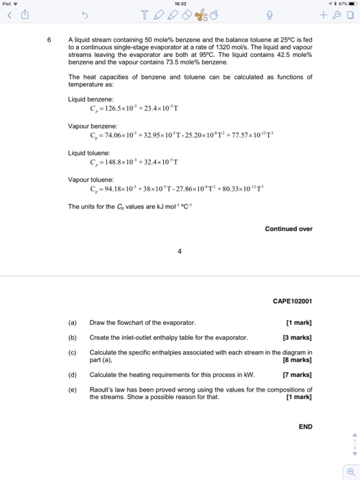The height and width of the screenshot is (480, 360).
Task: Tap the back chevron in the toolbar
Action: [x=10, y=16]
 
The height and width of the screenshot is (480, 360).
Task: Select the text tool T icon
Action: [x=144, y=16]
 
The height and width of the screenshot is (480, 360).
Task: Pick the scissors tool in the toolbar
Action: [x=201, y=16]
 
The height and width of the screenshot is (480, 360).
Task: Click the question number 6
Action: [x=48, y=39]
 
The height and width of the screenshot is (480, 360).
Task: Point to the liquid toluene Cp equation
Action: [x=134, y=163]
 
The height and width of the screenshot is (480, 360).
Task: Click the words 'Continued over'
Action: [x=289, y=229]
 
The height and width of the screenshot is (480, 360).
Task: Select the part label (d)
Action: [x=73, y=375]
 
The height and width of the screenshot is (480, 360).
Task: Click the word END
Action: [x=305, y=427]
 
